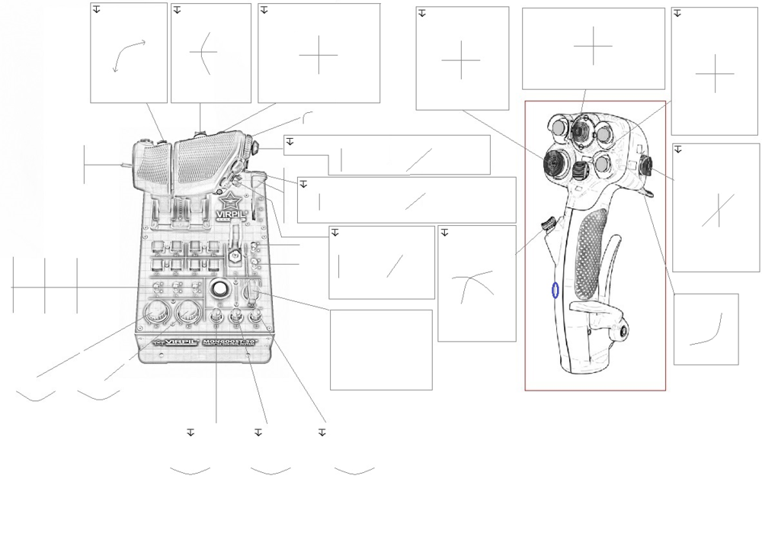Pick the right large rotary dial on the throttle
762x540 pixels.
pos(187,313)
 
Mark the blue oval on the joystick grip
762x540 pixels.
pos(555,290)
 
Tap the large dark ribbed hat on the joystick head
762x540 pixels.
pos(554,161)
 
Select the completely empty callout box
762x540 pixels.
pos(381,349)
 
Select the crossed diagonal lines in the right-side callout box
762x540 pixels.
pos(717,211)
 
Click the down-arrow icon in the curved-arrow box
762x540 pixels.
pos(97,9)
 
